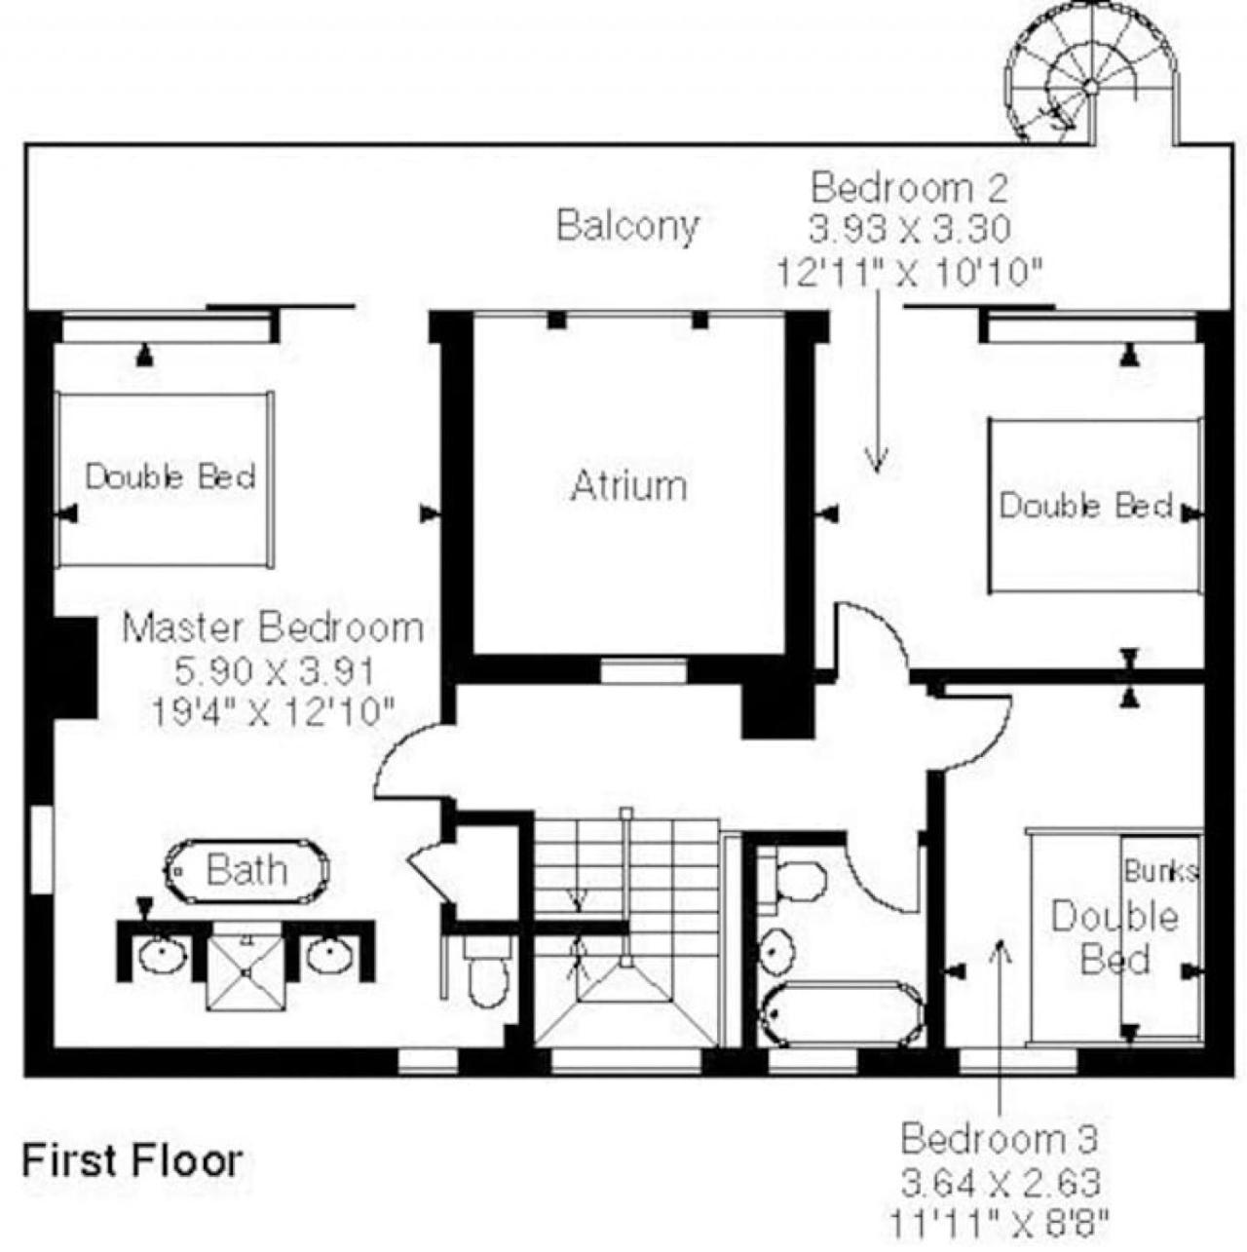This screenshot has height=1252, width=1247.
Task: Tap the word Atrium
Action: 628,486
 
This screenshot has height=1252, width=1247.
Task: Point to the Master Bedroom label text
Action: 273,628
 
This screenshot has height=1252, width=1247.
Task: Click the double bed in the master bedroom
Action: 166,478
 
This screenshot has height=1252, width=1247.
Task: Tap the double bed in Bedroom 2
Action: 1094,506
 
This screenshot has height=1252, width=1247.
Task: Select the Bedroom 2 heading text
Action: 909,188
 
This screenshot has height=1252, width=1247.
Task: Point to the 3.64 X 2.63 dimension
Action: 1001,1183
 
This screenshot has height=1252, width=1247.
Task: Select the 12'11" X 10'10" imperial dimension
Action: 910,272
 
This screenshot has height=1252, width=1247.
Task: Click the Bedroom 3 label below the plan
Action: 1000,1139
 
